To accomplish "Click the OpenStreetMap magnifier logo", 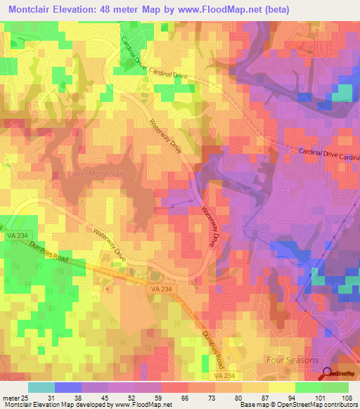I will [x=328, y=374].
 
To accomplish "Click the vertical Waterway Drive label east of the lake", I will [x=209, y=226].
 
